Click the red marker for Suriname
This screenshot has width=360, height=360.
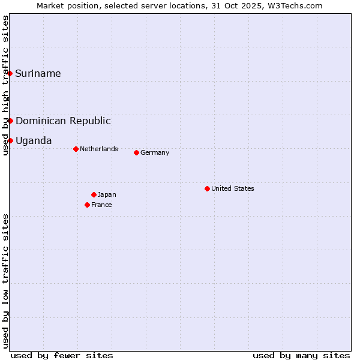tap(10, 73)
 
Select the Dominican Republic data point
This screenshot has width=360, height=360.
tap(10, 121)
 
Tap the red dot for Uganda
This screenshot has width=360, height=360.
tap(10, 140)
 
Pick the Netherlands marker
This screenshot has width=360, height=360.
tap(76, 149)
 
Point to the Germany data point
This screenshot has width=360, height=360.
tap(136, 152)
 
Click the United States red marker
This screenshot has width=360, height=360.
tap(207, 188)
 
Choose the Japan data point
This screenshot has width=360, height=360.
tap(94, 194)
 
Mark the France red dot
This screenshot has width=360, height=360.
tap(87, 205)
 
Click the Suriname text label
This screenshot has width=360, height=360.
tap(38, 74)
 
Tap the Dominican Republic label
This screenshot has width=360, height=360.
tap(63, 121)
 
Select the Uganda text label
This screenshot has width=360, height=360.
tap(34, 141)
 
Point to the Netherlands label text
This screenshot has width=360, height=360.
tap(99, 149)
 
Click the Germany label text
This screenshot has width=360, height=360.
tap(155, 152)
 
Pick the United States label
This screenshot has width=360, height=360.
tap(233, 188)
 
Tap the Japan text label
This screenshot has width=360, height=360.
tap(107, 194)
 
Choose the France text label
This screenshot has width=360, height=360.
tap(101, 205)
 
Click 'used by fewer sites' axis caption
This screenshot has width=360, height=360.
tap(62, 355)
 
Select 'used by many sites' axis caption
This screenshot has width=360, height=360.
tap(301, 355)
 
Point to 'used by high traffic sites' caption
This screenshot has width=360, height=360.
tap(6, 85)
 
